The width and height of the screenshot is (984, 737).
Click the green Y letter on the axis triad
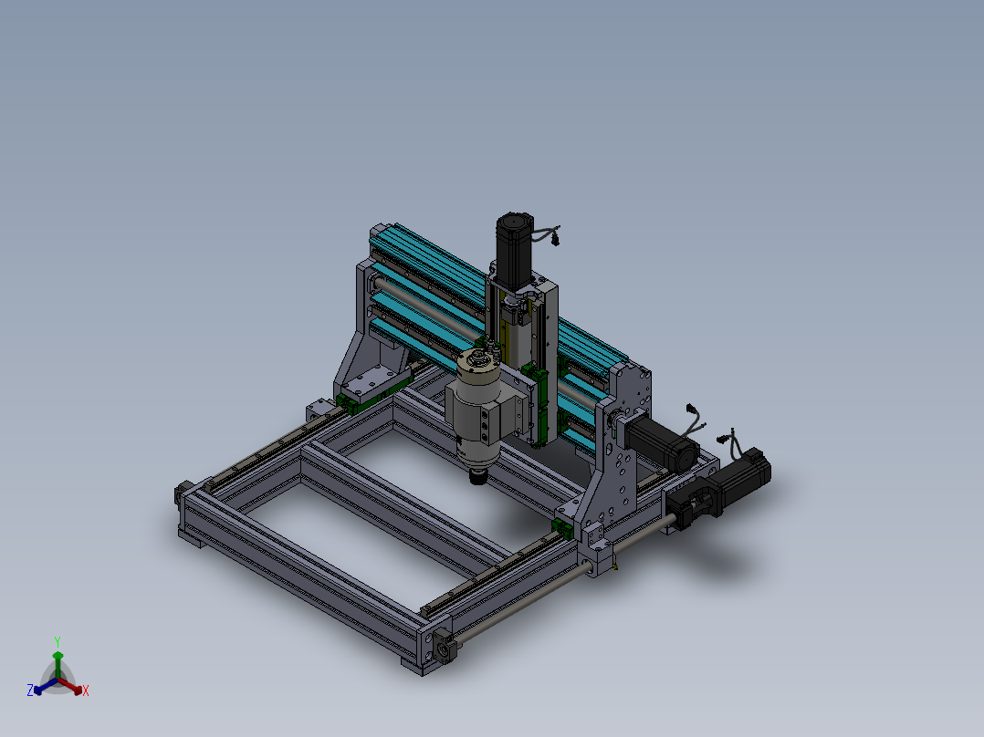pyautogui.click(x=58, y=641)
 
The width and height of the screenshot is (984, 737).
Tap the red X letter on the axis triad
pyautogui.click(x=86, y=690)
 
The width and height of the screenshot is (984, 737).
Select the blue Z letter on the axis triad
pyautogui.click(x=29, y=690)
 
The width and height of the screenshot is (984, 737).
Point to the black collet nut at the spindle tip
pyautogui.click(x=478, y=477)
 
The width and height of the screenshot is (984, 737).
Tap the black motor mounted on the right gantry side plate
pyautogui.click(x=662, y=441)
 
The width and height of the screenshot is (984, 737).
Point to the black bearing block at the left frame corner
pyautogui.click(x=183, y=493)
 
